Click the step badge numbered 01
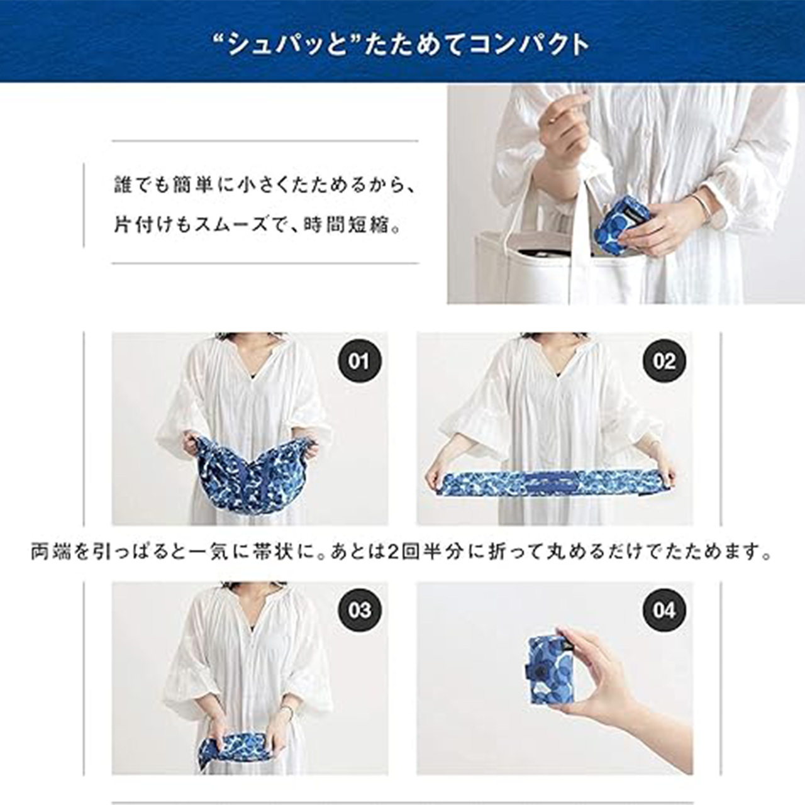(359, 361)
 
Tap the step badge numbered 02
(663, 361)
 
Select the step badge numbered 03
(359, 610)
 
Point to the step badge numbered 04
(663, 610)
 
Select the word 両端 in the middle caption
(52, 552)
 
